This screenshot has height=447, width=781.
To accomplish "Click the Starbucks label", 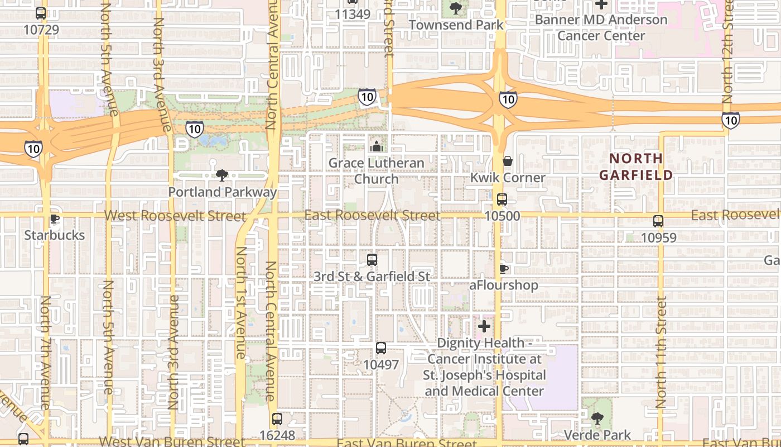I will [54, 235].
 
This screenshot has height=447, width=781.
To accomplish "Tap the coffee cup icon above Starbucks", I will [54, 218].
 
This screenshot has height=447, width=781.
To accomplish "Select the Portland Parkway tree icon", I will [221, 175].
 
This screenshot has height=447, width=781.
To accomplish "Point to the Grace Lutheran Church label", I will [376, 171].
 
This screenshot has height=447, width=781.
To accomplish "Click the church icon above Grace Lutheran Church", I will [377, 146].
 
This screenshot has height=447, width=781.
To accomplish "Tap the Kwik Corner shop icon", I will [508, 161].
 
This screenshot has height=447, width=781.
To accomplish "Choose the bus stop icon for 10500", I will [502, 199].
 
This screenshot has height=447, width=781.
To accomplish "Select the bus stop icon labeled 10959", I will [658, 221].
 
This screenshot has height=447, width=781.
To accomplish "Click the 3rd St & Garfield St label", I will [372, 277].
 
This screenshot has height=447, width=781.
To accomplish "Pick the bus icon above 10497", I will [381, 348].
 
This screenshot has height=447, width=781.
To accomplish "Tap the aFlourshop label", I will [504, 286].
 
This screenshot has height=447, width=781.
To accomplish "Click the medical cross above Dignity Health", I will [484, 326].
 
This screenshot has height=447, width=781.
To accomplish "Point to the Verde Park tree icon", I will [597, 418].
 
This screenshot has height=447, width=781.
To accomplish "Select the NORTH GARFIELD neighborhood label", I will [636, 167].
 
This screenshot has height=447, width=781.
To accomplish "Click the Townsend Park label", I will [456, 25].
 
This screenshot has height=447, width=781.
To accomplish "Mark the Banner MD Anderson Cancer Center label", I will [601, 27].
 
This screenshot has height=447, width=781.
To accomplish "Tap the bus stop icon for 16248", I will [277, 419].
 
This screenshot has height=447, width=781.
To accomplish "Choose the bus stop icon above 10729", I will [41, 13].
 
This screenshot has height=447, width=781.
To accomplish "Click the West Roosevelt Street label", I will [175, 216].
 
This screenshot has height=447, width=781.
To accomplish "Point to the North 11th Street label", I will [661, 352].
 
